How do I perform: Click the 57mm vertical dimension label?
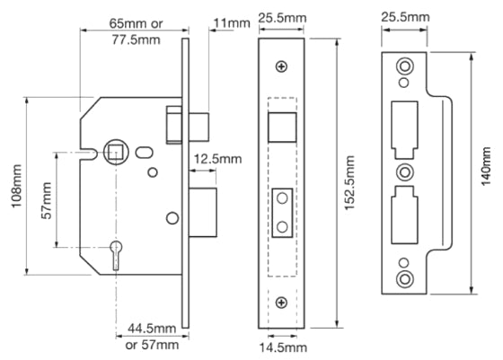tap(46, 202)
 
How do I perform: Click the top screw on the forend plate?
tap(283, 66)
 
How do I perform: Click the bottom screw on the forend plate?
tap(283, 302)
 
